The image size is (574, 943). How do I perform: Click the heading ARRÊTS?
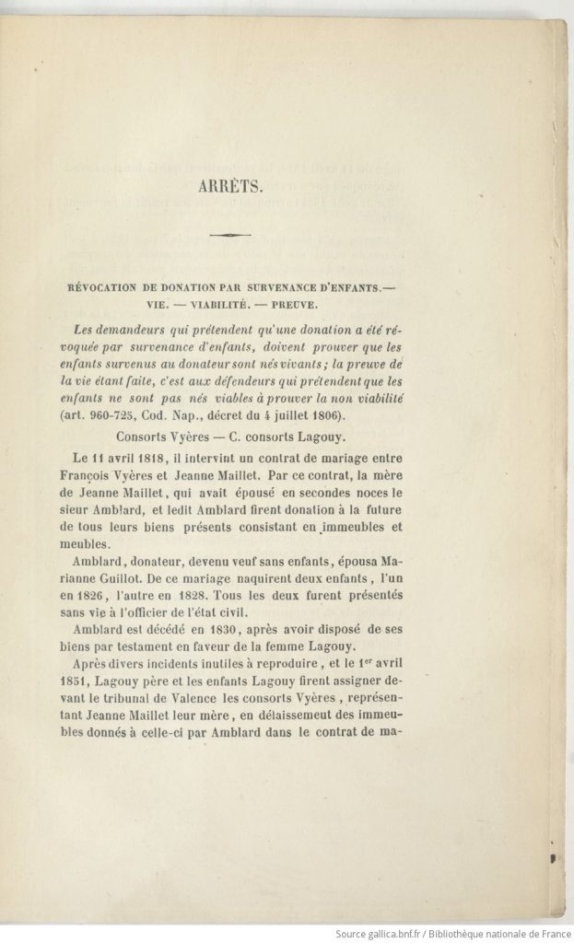coord(231,185)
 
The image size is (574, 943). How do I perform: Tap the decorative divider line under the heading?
coord(230,236)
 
